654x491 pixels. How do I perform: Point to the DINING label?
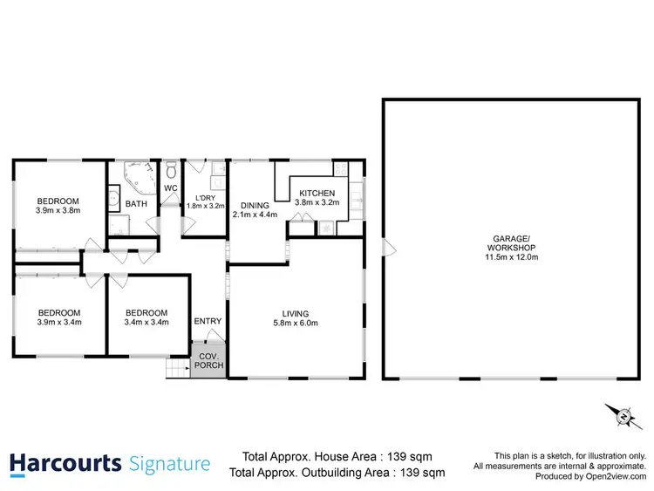coord(250,206)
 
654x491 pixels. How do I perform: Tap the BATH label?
coord(137,204)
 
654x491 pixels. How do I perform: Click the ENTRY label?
coord(208,321)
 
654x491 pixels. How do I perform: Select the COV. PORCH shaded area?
coord(208,361)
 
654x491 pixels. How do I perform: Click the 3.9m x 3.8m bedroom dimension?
coord(58,210)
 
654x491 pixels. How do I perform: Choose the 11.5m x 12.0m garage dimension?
coord(510,257)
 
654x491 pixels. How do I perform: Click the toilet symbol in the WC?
coord(172,168)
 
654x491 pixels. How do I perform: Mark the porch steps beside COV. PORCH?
coord(178,370)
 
